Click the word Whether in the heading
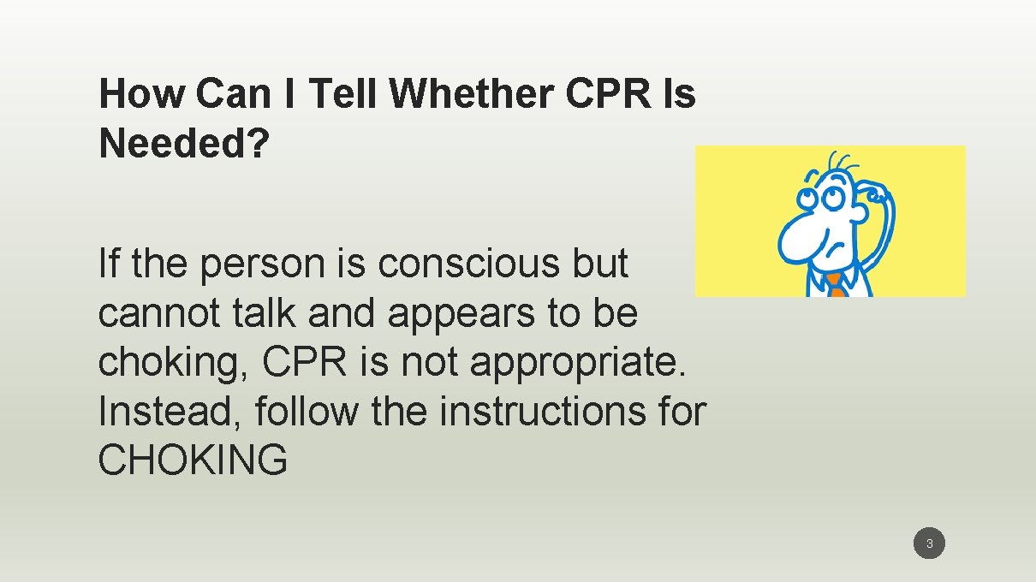click(471, 93)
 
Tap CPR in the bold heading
click(606, 93)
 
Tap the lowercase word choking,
click(174, 363)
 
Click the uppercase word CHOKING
click(193, 461)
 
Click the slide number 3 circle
click(929, 543)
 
